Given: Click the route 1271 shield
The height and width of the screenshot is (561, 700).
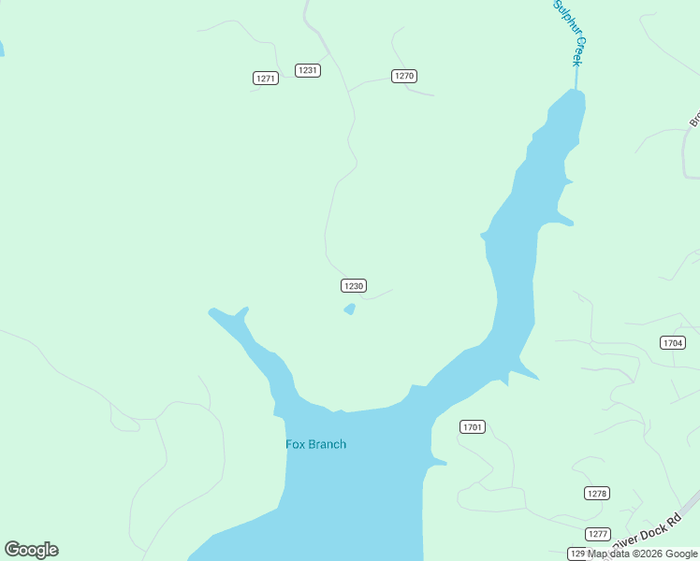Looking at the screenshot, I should click(x=266, y=79).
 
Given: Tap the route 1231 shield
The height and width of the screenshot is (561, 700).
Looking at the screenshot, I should click(x=308, y=70).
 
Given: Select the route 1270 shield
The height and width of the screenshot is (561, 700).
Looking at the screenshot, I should click(x=403, y=76).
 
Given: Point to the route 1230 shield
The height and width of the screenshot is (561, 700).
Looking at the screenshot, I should click(x=353, y=286).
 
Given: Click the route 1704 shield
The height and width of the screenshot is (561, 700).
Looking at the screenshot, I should click(x=672, y=343).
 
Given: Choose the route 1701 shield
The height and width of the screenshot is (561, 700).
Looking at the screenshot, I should click(x=473, y=427).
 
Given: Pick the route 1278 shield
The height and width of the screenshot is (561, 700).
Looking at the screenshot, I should click(x=597, y=493).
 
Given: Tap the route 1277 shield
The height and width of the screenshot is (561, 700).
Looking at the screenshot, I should click(x=598, y=534).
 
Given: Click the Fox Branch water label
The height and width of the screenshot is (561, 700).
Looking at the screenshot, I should click(x=315, y=444).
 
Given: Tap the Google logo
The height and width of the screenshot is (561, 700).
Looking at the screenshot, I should click(x=31, y=550).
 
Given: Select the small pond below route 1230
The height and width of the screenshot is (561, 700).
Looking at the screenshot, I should click(x=349, y=309).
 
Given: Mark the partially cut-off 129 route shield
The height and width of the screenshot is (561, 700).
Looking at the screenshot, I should click(x=576, y=554).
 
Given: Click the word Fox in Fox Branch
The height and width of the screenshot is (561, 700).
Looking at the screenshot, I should click(x=296, y=444).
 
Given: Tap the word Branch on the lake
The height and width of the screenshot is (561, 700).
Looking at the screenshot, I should click(x=328, y=444).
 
